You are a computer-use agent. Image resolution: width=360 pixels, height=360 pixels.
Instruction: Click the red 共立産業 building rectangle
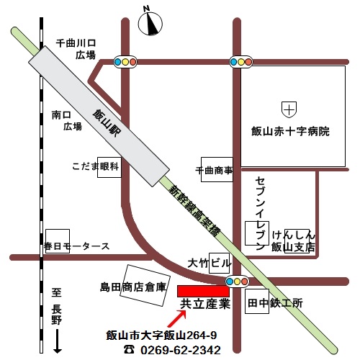click(204, 290)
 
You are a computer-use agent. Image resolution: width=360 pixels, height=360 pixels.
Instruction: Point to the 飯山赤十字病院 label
click(290, 132)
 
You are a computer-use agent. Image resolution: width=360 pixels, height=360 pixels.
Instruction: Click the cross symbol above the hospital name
click(289, 110)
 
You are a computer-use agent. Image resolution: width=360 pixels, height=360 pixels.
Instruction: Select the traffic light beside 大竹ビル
click(237, 281)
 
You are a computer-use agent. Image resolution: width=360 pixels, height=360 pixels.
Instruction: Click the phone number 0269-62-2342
click(180, 350)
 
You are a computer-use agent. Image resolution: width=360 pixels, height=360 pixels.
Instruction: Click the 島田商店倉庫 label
click(133, 287)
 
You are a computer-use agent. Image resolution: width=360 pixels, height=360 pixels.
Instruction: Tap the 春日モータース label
click(76, 246)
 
